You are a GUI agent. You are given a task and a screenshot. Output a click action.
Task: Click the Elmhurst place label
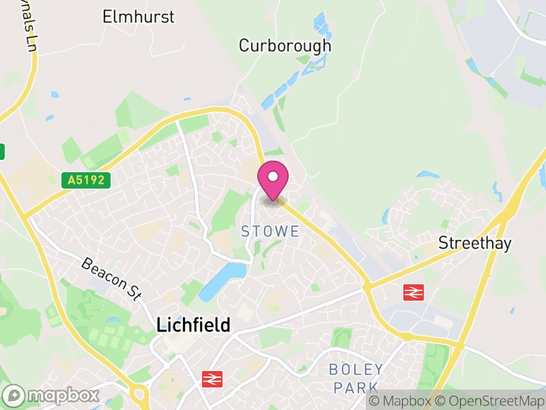tap(139, 16)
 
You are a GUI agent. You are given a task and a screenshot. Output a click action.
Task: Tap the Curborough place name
tap(285, 46)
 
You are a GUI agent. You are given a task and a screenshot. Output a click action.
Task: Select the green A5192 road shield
tap(85, 180)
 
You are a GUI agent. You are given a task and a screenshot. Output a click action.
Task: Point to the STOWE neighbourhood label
tap(270, 232)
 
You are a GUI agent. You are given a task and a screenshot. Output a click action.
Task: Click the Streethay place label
tap(475, 243)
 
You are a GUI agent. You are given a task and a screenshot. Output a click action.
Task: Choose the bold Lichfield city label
tap(194, 325)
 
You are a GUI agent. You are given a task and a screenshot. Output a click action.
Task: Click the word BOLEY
tap(356, 370)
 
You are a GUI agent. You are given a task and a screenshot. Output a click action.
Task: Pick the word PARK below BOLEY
tap(356, 387)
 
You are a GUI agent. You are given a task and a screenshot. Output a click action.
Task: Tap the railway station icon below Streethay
tap(413, 292)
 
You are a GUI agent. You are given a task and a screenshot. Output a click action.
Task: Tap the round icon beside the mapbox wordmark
tap(14, 395)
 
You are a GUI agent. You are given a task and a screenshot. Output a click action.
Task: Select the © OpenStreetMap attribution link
tap(491, 401)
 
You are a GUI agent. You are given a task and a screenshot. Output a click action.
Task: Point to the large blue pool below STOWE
tap(224, 281)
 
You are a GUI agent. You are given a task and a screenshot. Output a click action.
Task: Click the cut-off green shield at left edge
tap(2, 151)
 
